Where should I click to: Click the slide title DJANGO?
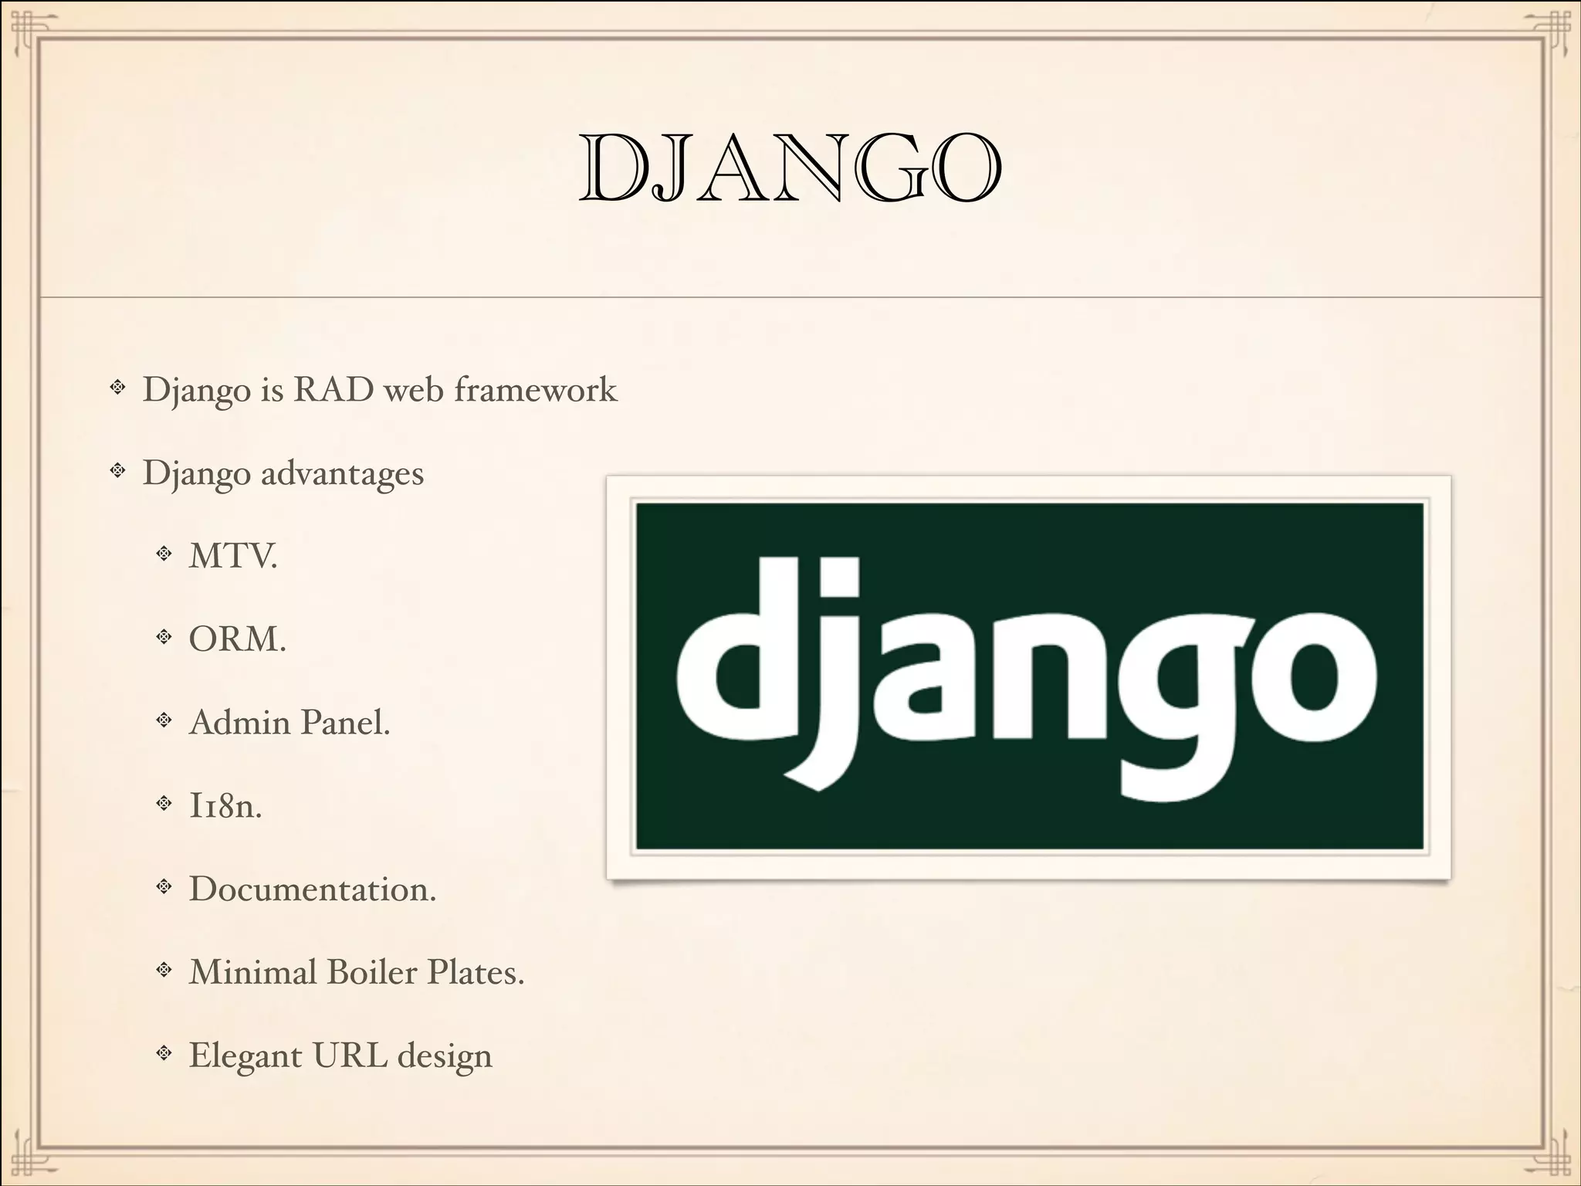pos(790,168)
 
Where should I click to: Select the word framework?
pos(536,389)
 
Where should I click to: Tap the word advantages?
pos(342,473)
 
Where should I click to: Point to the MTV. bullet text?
pos(233,556)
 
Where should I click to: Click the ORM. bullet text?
pos(238,639)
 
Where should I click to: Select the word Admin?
pos(239,723)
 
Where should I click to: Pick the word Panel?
pos(345,723)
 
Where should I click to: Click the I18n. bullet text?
pos(225,806)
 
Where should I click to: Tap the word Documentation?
pos(313,889)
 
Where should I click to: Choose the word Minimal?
pos(252,972)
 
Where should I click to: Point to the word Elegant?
pos(245,1056)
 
